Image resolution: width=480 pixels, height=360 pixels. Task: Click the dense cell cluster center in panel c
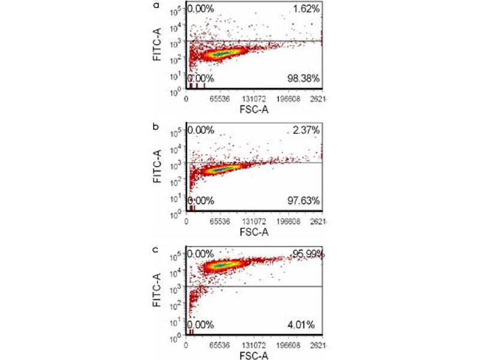[x=222, y=266]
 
